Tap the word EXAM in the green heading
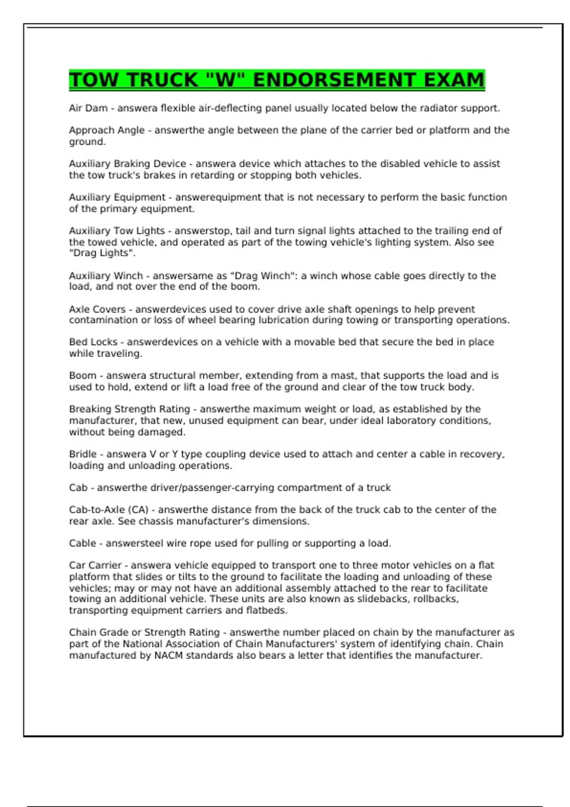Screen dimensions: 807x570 pos(454,80)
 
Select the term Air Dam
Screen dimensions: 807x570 pos(88,108)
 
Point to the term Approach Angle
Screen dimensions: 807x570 pos(107,130)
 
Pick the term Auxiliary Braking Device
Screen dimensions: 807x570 pos(127,164)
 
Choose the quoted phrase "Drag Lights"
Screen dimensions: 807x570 pos(102,253)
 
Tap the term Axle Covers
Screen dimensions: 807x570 pos(97,310)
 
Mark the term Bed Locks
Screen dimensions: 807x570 pos(93,342)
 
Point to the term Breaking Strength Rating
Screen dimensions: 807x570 pos(129,409)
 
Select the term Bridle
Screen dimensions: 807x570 pos(83,454)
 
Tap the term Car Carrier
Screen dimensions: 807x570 pos(95,565)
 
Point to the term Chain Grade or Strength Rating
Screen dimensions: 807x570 pos(144,633)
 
